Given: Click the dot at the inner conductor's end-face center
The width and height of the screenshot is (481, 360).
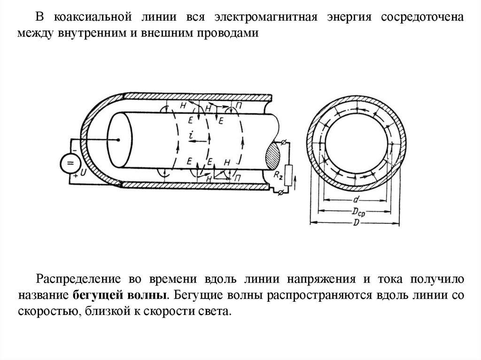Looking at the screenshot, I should click(x=119, y=139).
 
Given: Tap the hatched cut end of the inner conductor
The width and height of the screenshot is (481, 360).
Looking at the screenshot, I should click(x=273, y=157).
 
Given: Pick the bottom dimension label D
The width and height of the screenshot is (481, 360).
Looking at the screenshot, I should click(x=356, y=222).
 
